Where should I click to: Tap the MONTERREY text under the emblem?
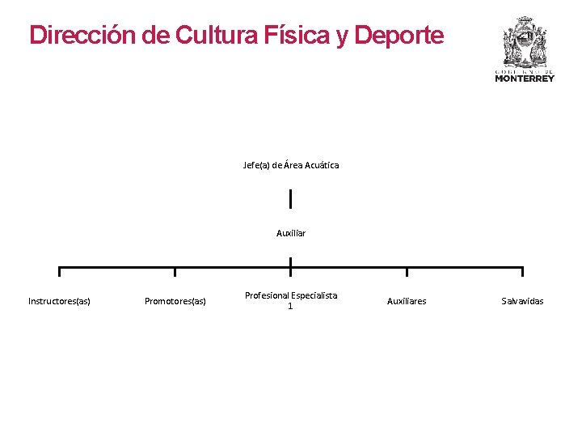525,78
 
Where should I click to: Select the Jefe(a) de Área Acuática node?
291,165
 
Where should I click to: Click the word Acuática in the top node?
320,165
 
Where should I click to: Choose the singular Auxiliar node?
291,233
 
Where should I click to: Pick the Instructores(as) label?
59,301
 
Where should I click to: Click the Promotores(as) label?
175,301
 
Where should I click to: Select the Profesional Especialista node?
291,295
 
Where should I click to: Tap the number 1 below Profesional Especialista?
291,307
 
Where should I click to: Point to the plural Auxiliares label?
407,301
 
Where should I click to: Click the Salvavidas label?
522,301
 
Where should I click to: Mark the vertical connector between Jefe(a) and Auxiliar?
290,198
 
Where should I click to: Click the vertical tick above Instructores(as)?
59,272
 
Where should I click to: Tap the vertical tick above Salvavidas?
522,272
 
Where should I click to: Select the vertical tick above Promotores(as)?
175,272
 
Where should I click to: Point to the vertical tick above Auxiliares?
407,272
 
